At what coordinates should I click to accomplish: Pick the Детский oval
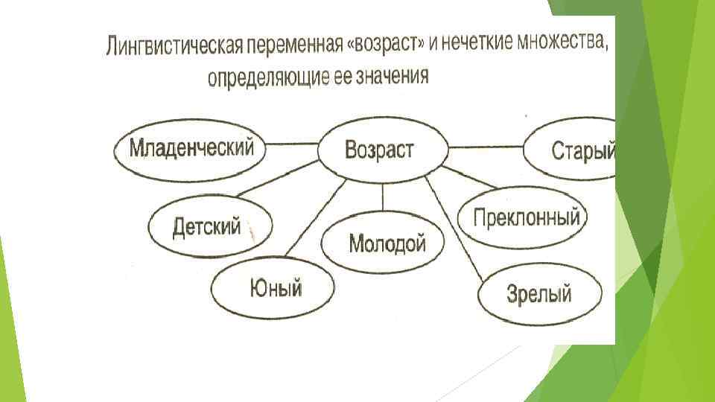pos(209,227)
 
